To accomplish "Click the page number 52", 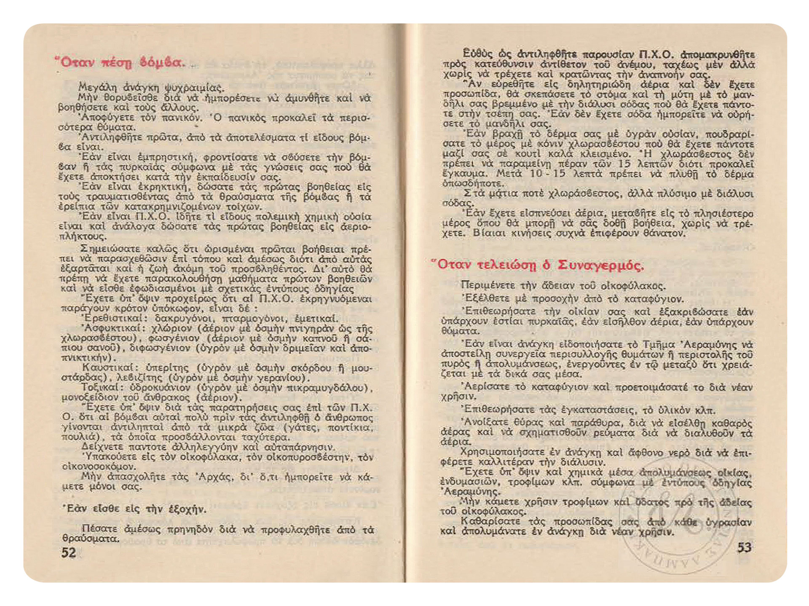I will (x=69, y=552).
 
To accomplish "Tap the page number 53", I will (x=744, y=547).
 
